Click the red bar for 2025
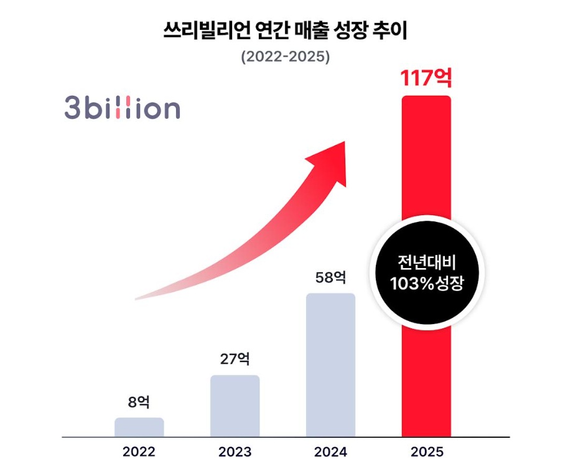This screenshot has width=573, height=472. (x=426, y=373)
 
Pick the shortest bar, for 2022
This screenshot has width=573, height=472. (x=139, y=427)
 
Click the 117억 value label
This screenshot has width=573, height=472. (x=426, y=79)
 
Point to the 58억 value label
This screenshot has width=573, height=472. (x=330, y=277)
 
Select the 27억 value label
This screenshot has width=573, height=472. (x=235, y=359)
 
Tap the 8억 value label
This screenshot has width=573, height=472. (x=139, y=402)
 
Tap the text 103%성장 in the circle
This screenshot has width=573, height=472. (x=427, y=284)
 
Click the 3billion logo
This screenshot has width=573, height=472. (x=122, y=108)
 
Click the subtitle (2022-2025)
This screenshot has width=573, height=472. (x=286, y=56)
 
